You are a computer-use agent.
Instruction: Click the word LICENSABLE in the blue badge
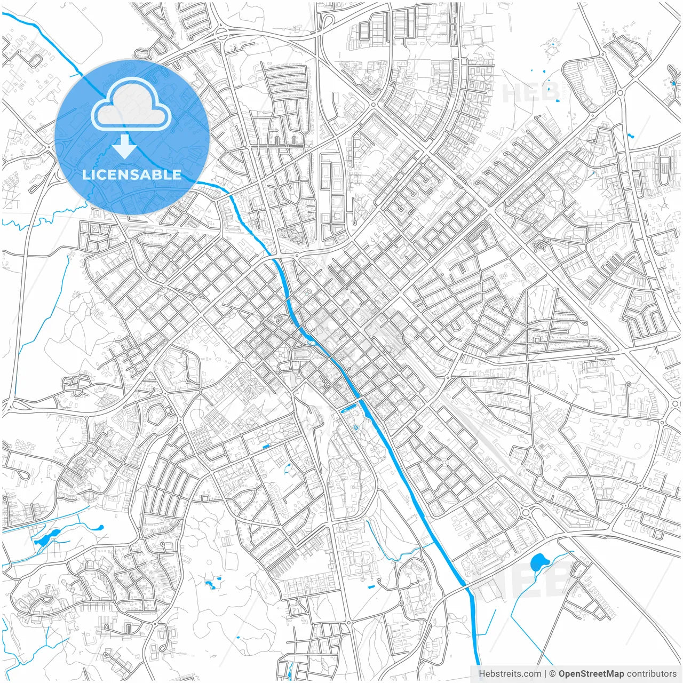click(x=132, y=174)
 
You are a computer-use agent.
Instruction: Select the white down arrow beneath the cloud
click(x=125, y=147)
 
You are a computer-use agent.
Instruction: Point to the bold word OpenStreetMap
click(x=591, y=674)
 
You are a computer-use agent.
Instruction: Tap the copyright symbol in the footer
click(x=553, y=674)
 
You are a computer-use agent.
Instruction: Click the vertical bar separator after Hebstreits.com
click(x=545, y=674)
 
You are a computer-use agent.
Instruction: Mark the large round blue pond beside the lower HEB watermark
click(x=540, y=562)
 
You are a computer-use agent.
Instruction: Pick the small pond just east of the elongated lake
click(x=99, y=528)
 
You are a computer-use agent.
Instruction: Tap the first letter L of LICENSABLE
click(x=85, y=174)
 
